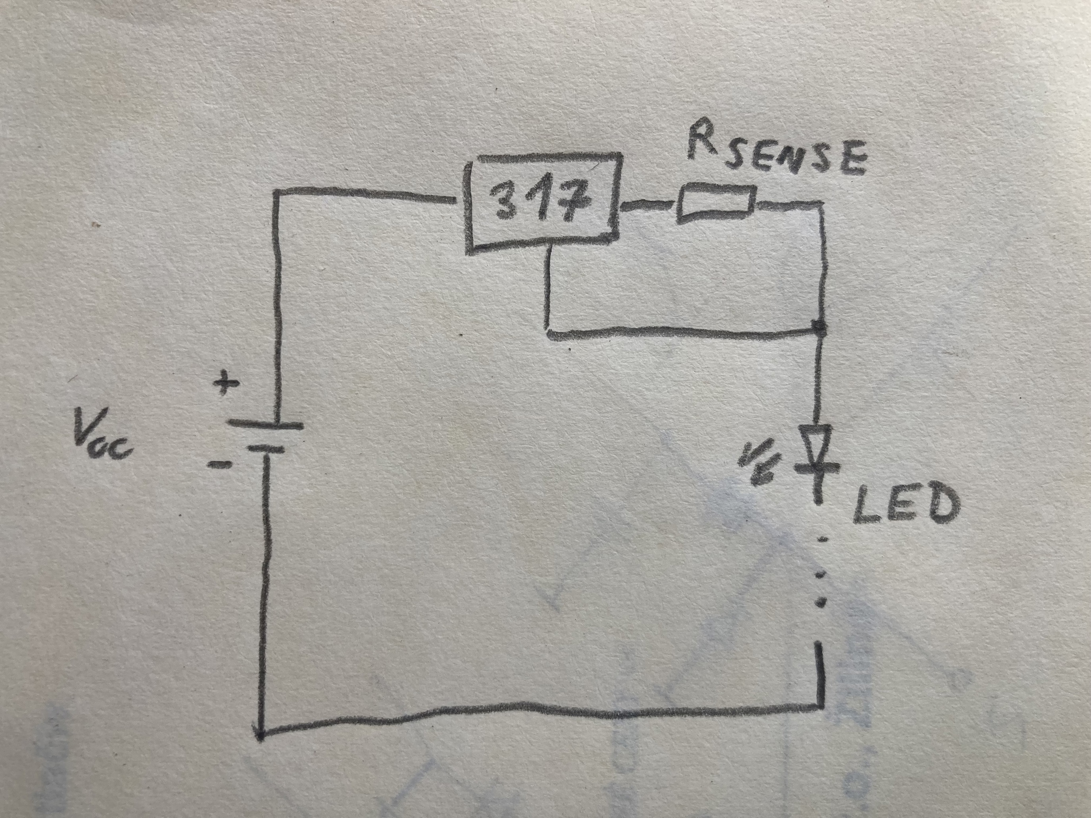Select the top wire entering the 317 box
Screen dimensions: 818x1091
click(365, 195)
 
